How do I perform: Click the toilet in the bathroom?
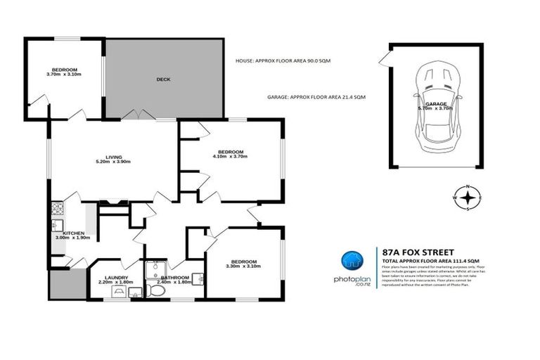pos(155,291)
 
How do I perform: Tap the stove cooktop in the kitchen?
pos(56,208)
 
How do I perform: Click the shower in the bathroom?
pos(154,269)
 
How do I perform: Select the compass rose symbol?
pos(467,198)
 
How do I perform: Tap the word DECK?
pos(163,79)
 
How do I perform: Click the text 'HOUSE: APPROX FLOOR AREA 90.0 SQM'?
pos(283,61)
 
